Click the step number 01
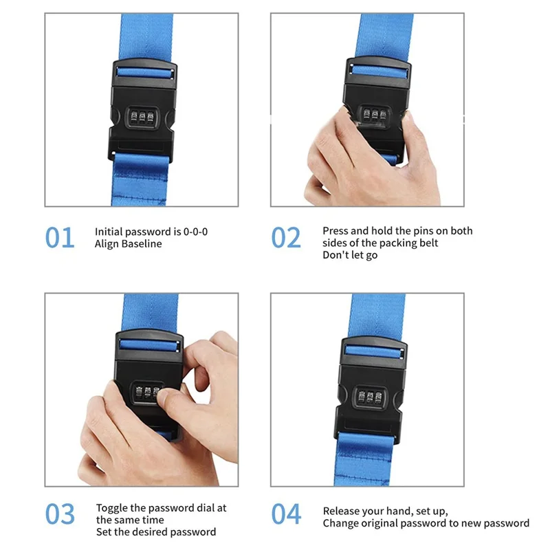(x=60, y=238)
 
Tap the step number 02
(x=286, y=238)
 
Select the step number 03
(x=60, y=514)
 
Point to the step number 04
(x=286, y=514)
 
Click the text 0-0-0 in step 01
(x=195, y=232)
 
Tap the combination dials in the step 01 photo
(x=142, y=117)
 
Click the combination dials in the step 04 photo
(x=369, y=398)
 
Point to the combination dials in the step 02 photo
(x=375, y=114)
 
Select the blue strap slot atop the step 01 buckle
(x=144, y=73)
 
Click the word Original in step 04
(x=380, y=523)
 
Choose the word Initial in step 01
(x=109, y=232)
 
